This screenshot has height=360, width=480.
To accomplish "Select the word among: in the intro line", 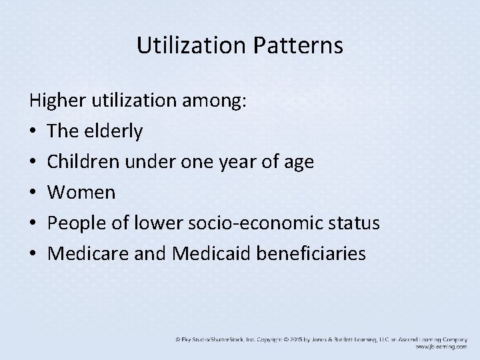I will pos(214,102).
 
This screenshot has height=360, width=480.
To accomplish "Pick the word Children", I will pos(83,162).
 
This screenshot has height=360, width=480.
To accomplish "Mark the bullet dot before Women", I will pos(33,193).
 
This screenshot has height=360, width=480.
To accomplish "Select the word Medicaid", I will pos(198,253).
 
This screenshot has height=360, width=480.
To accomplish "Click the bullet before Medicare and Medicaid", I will pos(33,254).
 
